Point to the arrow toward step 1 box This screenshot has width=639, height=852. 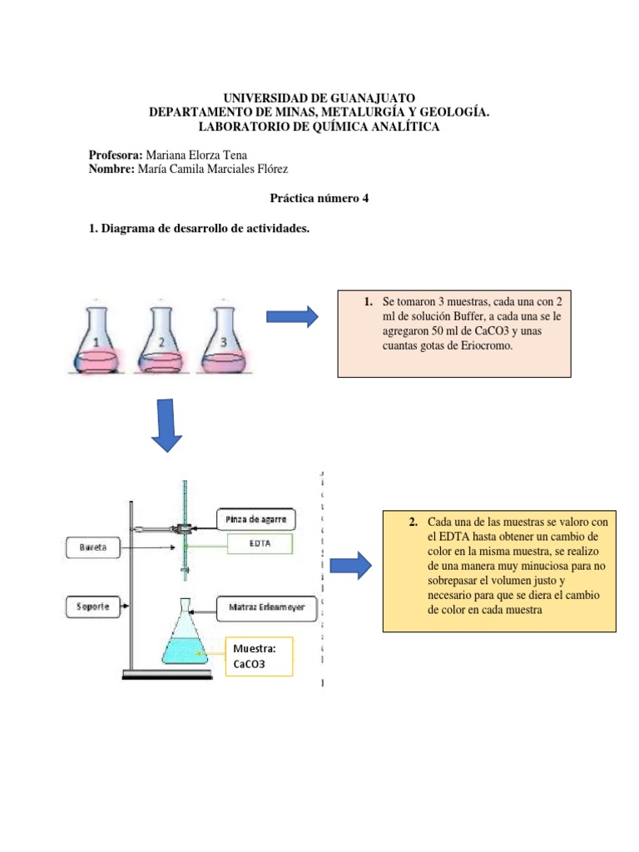click(291, 316)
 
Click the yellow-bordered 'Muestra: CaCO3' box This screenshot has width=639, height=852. click(257, 656)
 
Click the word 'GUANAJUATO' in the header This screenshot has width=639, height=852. click(366, 98)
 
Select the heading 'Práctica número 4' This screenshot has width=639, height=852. click(319, 200)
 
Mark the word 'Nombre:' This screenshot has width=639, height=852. click(111, 169)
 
